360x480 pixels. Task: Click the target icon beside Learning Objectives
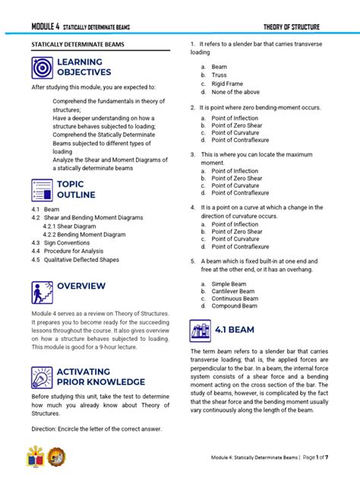tap(43, 67)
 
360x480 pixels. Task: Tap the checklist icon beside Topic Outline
tap(43, 189)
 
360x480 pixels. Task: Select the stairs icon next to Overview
tap(43, 292)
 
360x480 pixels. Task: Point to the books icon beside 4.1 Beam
tap(201, 330)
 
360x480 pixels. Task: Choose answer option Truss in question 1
tap(219, 75)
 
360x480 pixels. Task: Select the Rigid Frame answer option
tap(227, 84)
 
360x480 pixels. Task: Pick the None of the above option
tap(235, 92)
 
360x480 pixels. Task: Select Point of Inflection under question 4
tap(235, 224)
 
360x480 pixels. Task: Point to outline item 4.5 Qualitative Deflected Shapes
tap(75, 259)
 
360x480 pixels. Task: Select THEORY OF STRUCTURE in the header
tap(291, 27)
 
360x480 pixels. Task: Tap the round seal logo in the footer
tap(57, 457)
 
